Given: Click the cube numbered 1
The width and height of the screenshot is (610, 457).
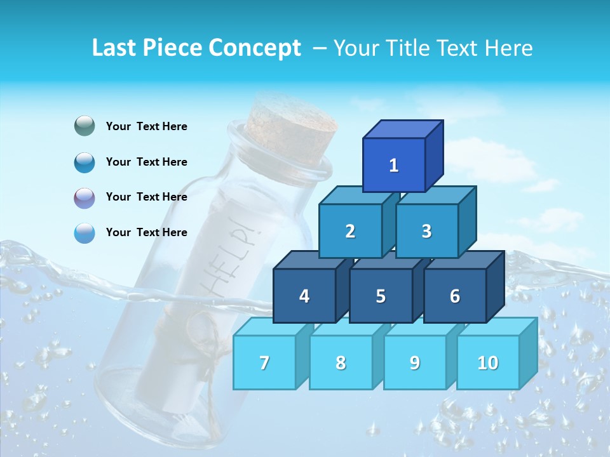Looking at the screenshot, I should tap(394, 166).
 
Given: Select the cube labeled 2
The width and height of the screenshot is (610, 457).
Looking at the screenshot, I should tap(350, 231).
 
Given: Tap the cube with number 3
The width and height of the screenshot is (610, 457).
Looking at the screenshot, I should tap(426, 231).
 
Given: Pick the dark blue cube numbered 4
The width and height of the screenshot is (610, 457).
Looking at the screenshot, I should tap(304, 296).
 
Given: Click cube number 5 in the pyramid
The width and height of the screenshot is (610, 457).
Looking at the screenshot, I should tap(381, 296).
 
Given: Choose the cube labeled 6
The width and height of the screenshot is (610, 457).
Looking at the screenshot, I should tap(454, 296).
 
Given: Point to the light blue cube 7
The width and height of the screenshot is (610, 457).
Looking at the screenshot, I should tap(264, 362).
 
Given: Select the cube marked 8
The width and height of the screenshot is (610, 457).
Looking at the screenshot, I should tap(341, 362).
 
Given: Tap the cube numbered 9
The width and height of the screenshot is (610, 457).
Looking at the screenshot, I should tap(414, 362).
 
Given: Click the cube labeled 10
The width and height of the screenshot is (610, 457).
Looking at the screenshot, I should tap(487, 362).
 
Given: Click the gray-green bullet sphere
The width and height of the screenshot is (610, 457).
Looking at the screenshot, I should tap(85, 126).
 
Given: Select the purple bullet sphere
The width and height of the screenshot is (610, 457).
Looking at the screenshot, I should tap(85, 197).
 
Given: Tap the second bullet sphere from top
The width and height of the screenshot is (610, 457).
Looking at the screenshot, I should tap(85, 162).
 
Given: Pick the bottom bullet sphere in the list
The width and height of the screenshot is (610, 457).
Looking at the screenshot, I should tap(85, 233).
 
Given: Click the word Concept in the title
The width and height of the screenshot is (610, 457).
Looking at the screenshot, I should tap(254, 48).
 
